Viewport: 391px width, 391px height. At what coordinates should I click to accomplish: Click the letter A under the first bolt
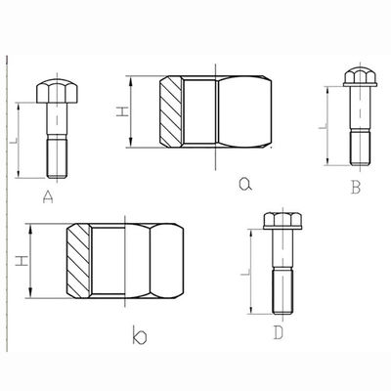coord(48,197)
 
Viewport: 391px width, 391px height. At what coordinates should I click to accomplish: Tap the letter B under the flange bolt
coord(356,188)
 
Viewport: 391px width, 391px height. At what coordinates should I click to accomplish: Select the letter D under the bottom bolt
coord(279,332)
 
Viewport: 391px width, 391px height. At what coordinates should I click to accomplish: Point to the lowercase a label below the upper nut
coord(245,184)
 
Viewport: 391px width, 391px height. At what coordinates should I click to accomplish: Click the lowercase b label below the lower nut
coord(140,335)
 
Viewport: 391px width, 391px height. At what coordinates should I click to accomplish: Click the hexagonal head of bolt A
coord(57,91)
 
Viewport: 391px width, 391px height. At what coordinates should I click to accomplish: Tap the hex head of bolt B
coord(360,75)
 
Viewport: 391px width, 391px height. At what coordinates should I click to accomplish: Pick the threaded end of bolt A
coord(57,157)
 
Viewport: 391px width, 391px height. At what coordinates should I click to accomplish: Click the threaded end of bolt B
coord(360,147)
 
